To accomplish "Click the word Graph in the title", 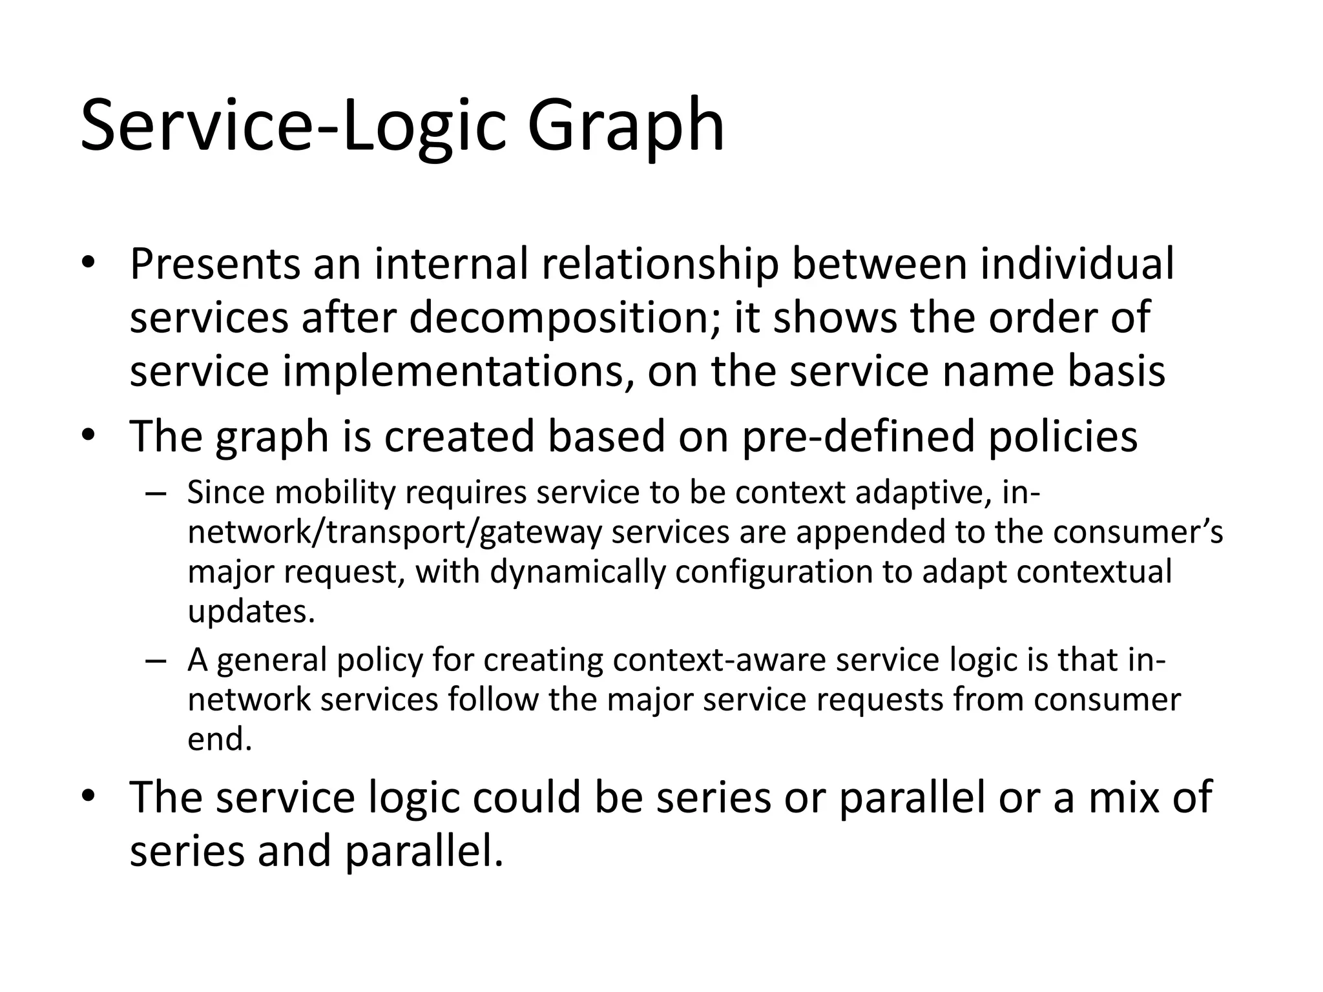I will coord(625,127).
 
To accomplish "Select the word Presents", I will coord(214,265).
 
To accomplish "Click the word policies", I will coord(1063,437).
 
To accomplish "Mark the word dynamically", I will coord(578,572).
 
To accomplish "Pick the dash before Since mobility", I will coord(156,494).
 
